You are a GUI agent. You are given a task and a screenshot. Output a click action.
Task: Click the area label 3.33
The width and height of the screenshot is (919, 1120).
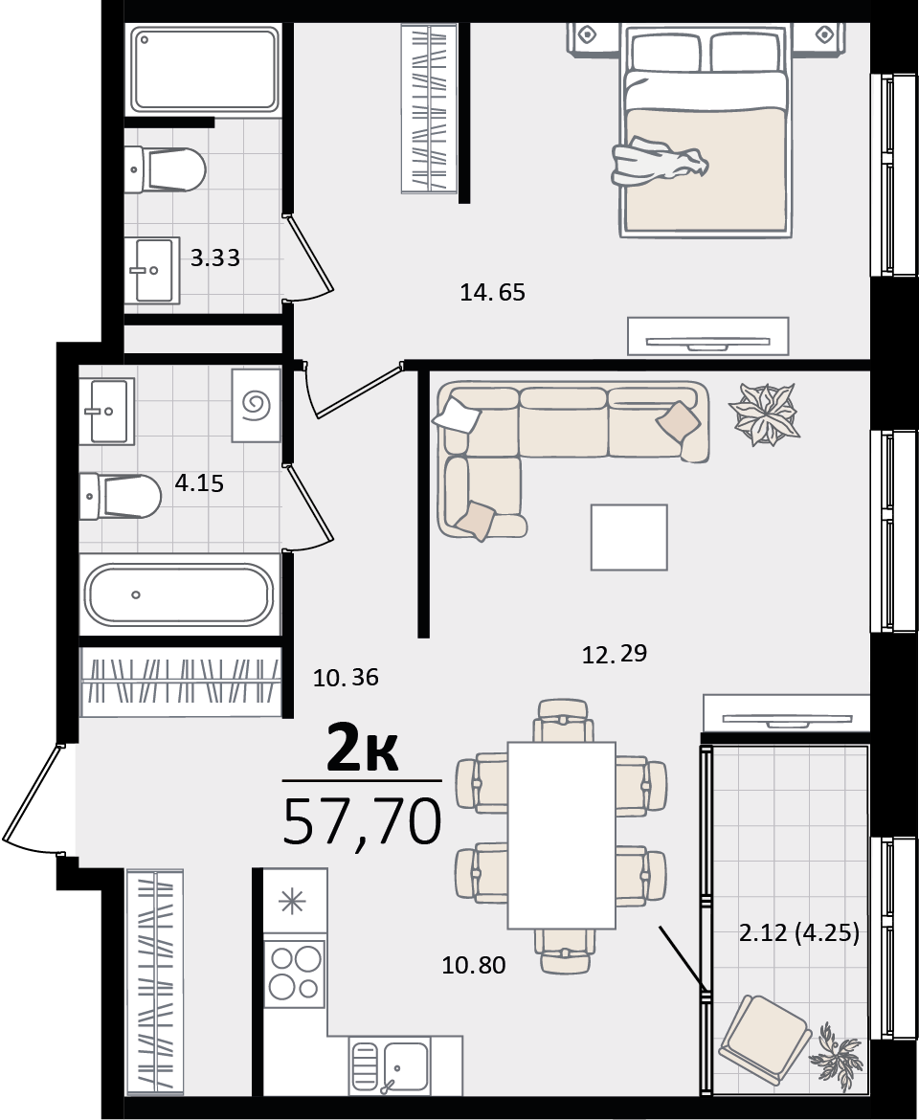(215, 258)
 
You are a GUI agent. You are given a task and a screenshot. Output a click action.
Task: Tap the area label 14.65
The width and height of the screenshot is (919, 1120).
(493, 292)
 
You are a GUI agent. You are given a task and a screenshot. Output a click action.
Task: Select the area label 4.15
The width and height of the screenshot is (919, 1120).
(199, 483)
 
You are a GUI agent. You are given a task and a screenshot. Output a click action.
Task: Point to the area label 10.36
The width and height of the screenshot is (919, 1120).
(346, 677)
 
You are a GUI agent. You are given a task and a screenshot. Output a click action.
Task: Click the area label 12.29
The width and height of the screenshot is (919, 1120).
(615, 654)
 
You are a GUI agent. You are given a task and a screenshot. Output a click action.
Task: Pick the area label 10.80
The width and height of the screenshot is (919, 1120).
(474, 966)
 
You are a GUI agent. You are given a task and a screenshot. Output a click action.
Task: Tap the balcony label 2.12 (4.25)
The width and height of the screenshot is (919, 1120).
(799, 933)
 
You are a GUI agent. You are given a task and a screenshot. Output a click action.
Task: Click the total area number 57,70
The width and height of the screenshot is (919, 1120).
(363, 821)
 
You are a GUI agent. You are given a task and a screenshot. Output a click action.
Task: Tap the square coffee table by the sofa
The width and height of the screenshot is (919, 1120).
(629, 537)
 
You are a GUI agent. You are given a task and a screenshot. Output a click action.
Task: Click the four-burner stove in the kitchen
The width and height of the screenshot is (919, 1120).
(294, 972)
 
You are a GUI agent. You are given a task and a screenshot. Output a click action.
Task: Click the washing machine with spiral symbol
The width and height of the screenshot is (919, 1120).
(257, 406)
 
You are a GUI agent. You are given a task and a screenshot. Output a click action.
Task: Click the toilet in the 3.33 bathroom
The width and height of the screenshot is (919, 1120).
(165, 169)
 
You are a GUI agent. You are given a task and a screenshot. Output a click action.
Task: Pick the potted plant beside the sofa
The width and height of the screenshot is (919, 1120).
(764, 414)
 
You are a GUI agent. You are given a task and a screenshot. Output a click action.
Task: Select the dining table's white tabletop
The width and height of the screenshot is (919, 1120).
(562, 835)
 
